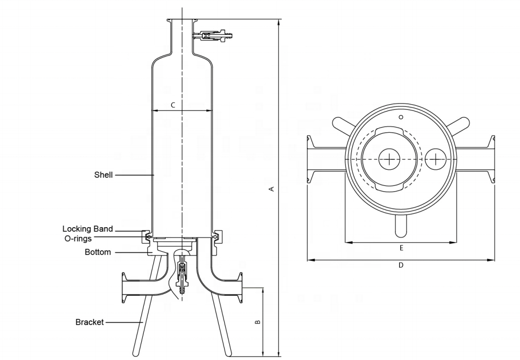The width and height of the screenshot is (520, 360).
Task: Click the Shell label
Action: pyautogui.click(x=104, y=175)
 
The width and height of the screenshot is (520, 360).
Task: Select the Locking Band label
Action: pyautogui.click(x=88, y=229)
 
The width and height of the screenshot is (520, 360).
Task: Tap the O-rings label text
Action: pyautogui.click(x=78, y=239)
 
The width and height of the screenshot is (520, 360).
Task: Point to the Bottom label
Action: pyautogui.click(x=98, y=252)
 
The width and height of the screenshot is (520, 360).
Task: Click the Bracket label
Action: pyautogui.click(x=90, y=322)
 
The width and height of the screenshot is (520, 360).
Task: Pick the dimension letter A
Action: pyautogui.click(x=271, y=189)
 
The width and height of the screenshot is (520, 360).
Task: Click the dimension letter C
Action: pyautogui.click(x=173, y=105)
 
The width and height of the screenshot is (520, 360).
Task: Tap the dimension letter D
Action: pyautogui.click(x=401, y=265)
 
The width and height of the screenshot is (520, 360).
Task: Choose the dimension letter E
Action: pyautogui.click(x=401, y=248)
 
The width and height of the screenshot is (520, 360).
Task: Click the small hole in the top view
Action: pyautogui.click(x=401, y=117)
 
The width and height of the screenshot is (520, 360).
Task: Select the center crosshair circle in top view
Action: pyautogui.click(x=389, y=159)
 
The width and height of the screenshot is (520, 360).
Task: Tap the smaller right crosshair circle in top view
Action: pyautogui.click(x=435, y=159)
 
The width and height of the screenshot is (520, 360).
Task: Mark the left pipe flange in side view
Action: pyautogui.click(x=124, y=288)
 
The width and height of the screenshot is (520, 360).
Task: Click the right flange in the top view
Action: pyautogui.click(x=492, y=159)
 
